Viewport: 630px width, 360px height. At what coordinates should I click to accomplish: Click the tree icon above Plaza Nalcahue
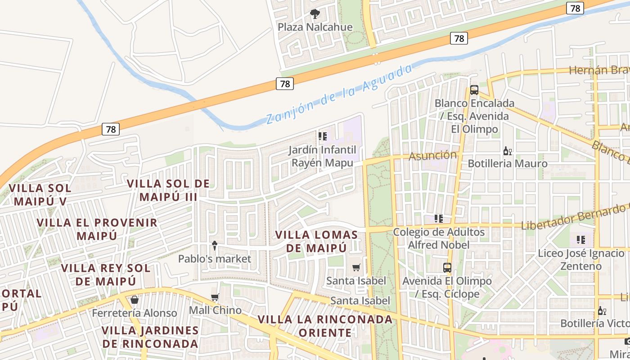[x=315, y=14]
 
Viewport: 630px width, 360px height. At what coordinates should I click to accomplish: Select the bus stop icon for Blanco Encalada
[x=474, y=90]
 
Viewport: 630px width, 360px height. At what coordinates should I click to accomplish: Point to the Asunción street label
[x=432, y=155]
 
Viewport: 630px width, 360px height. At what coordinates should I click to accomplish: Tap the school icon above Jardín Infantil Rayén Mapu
[x=323, y=136]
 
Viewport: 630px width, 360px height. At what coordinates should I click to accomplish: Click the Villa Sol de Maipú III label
[x=168, y=190]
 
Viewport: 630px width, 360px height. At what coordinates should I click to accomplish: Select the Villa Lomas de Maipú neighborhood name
[x=317, y=241]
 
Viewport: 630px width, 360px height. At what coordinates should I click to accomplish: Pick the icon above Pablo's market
[x=215, y=246]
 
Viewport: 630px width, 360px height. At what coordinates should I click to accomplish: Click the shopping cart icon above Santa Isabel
[x=356, y=268]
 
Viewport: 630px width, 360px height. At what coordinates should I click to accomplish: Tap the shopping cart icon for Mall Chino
[x=215, y=297]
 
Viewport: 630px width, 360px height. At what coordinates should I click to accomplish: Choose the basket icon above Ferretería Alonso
[x=135, y=300]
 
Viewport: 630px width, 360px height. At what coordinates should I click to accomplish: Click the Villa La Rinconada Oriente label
[x=325, y=326]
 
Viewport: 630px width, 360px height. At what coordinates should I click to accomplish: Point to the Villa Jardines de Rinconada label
[x=150, y=337]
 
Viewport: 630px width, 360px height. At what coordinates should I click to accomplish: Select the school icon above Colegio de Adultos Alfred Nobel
[x=439, y=219]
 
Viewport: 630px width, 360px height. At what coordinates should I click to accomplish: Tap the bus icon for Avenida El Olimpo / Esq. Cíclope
[x=447, y=268]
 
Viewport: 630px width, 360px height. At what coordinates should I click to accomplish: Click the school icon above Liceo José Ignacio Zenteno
[x=581, y=239]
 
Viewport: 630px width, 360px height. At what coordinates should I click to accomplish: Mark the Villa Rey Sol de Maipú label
[x=105, y=274]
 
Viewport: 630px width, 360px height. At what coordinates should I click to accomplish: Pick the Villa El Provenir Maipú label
[x=97, y=229]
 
